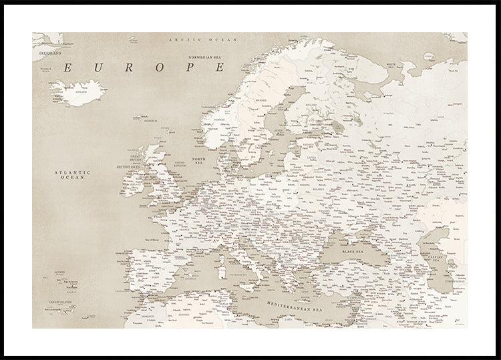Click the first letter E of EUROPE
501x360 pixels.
click(x=69, y=67)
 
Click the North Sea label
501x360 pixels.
click(x=198, y=162)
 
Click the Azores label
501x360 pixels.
click(x=60, y=273)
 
